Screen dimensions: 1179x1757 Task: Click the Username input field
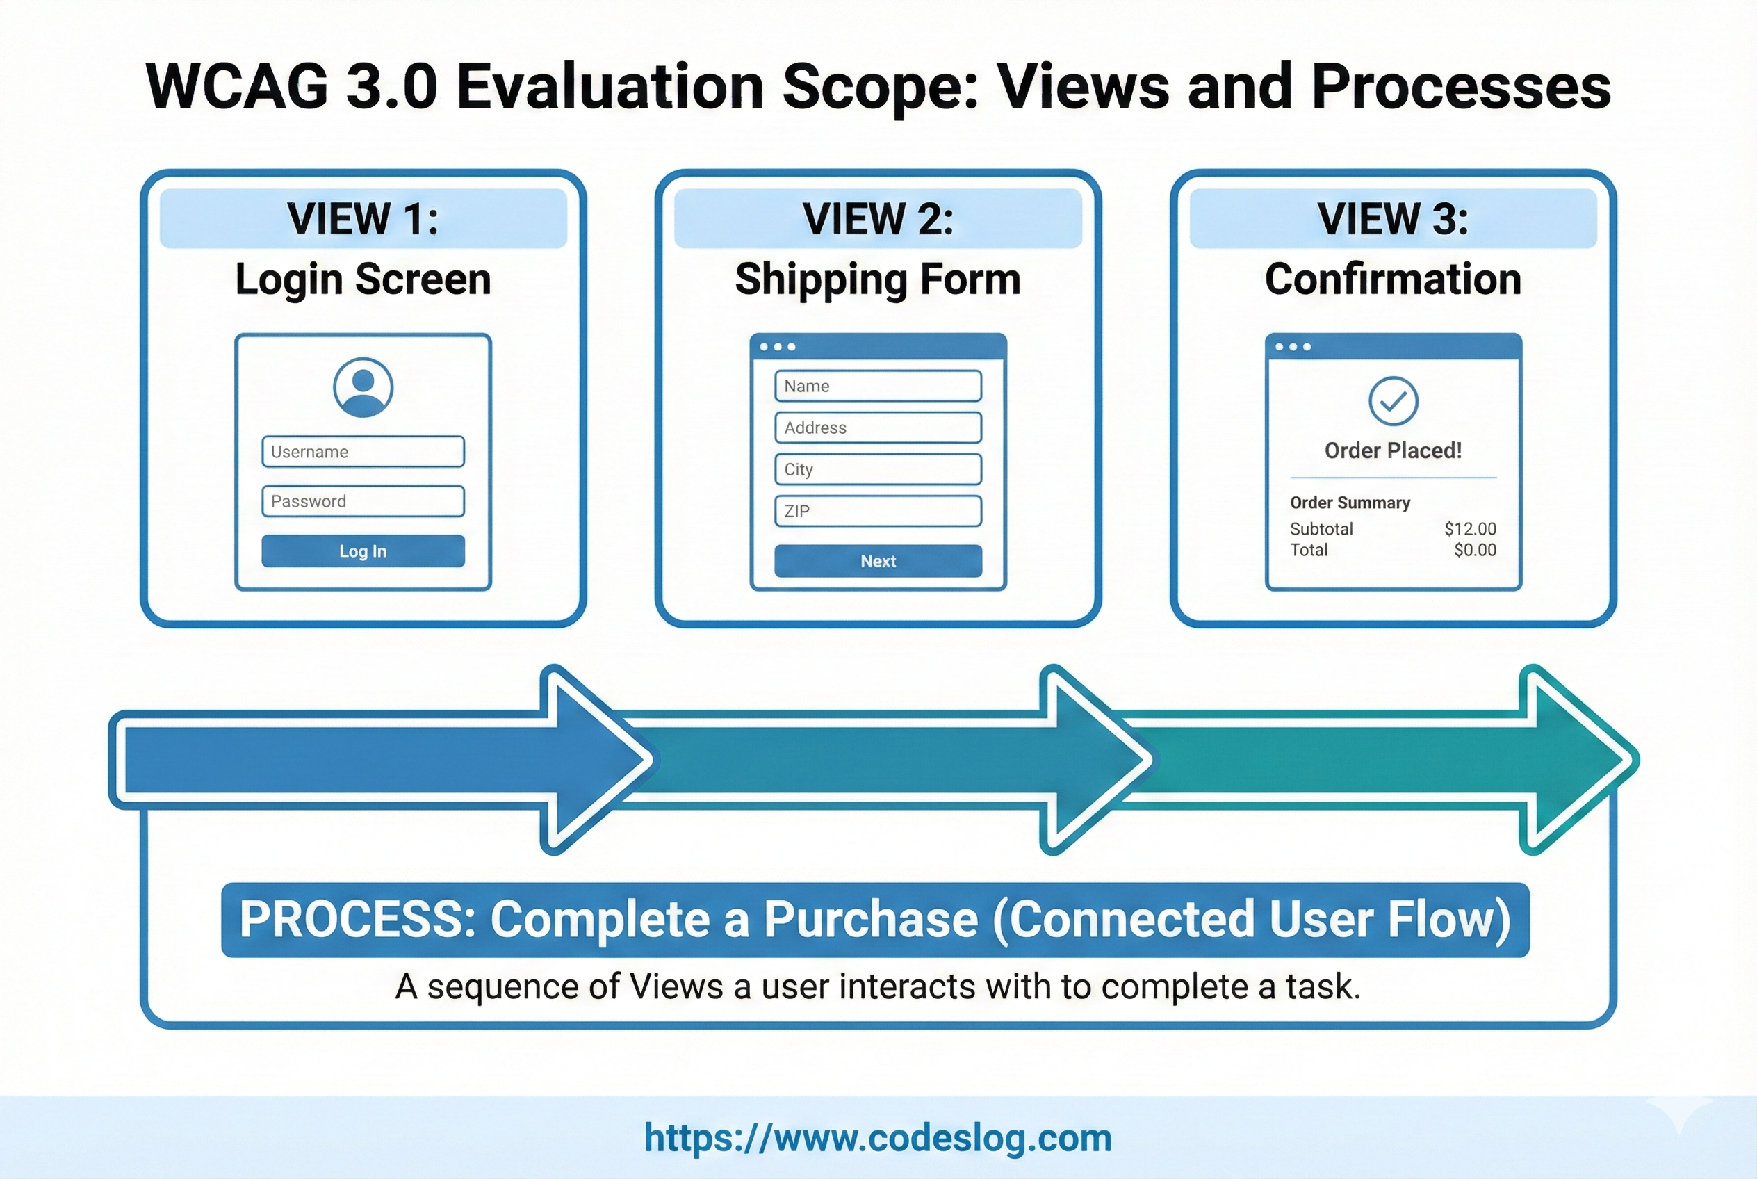point(362,451)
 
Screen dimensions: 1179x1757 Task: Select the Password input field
point(362,501)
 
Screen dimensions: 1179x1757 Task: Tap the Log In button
point(362,551)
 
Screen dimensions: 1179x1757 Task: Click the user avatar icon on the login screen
point(362,387)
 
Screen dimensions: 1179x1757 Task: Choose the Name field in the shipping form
point(877,386)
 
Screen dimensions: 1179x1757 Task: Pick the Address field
point(877,427)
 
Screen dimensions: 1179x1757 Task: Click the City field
point(877,469)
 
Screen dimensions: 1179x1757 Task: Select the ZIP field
point(877,512)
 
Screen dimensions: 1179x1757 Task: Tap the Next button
point(877,561)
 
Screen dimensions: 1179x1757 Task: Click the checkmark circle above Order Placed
point(1392,401)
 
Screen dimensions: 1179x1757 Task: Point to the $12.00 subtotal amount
point(1470,528)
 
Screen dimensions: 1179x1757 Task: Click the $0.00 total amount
point(1474,550)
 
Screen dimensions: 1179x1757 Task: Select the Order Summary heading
point(1350,503)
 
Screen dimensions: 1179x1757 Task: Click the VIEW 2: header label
point(877,219)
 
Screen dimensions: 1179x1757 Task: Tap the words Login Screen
point(362,279)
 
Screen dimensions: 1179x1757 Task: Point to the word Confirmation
point(1392,279)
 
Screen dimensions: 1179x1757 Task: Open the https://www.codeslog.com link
point(877,1138)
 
